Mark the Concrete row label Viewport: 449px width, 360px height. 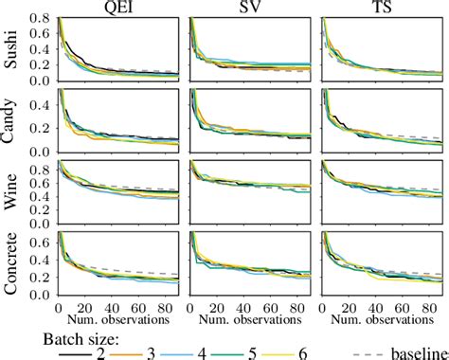(x=11, y=261)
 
